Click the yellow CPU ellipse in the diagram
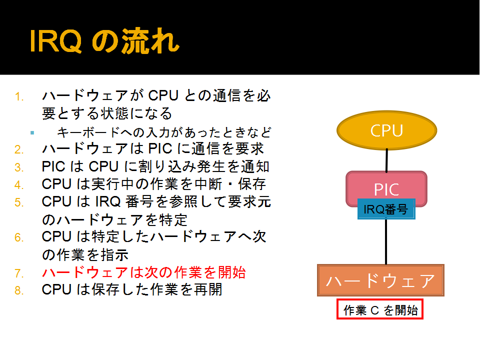tap(386, 130)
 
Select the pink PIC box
tap(386, 185)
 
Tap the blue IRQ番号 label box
tap(386, 209)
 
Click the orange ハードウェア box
tap(380, 280)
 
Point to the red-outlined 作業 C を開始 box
tap(380, 309)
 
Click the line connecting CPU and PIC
tap(386, 160)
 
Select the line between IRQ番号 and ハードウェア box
tap(386, 242)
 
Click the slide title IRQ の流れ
tap(104, 41)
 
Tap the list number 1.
tap(19, 96)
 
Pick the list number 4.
tap(19, 185)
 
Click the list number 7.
tap(19, 273)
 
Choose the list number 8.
tap(19, 290)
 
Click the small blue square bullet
tap(32, 133)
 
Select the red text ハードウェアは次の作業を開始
tap(144, 272)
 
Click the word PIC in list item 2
tap(160, 149)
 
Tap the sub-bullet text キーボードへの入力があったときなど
tap(164, 132)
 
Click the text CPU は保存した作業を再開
tap(132, 289)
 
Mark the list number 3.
tap(19, 167)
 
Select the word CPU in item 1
tap(163, 95)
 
